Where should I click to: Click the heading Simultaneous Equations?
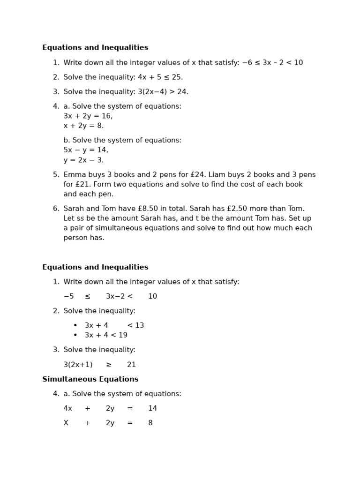pos(90,379)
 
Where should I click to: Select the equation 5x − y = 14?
pos(85,150)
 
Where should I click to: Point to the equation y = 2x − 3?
pos(83,160)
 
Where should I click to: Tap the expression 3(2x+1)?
pos(78,365)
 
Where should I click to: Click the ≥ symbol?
pos(109,365)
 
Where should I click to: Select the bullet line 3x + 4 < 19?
pos(106,335)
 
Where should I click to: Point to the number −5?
pos(68,296)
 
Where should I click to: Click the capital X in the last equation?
pos(66,423)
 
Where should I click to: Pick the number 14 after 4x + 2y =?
pos(152,408)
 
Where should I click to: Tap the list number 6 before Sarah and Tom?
pos(55,209)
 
